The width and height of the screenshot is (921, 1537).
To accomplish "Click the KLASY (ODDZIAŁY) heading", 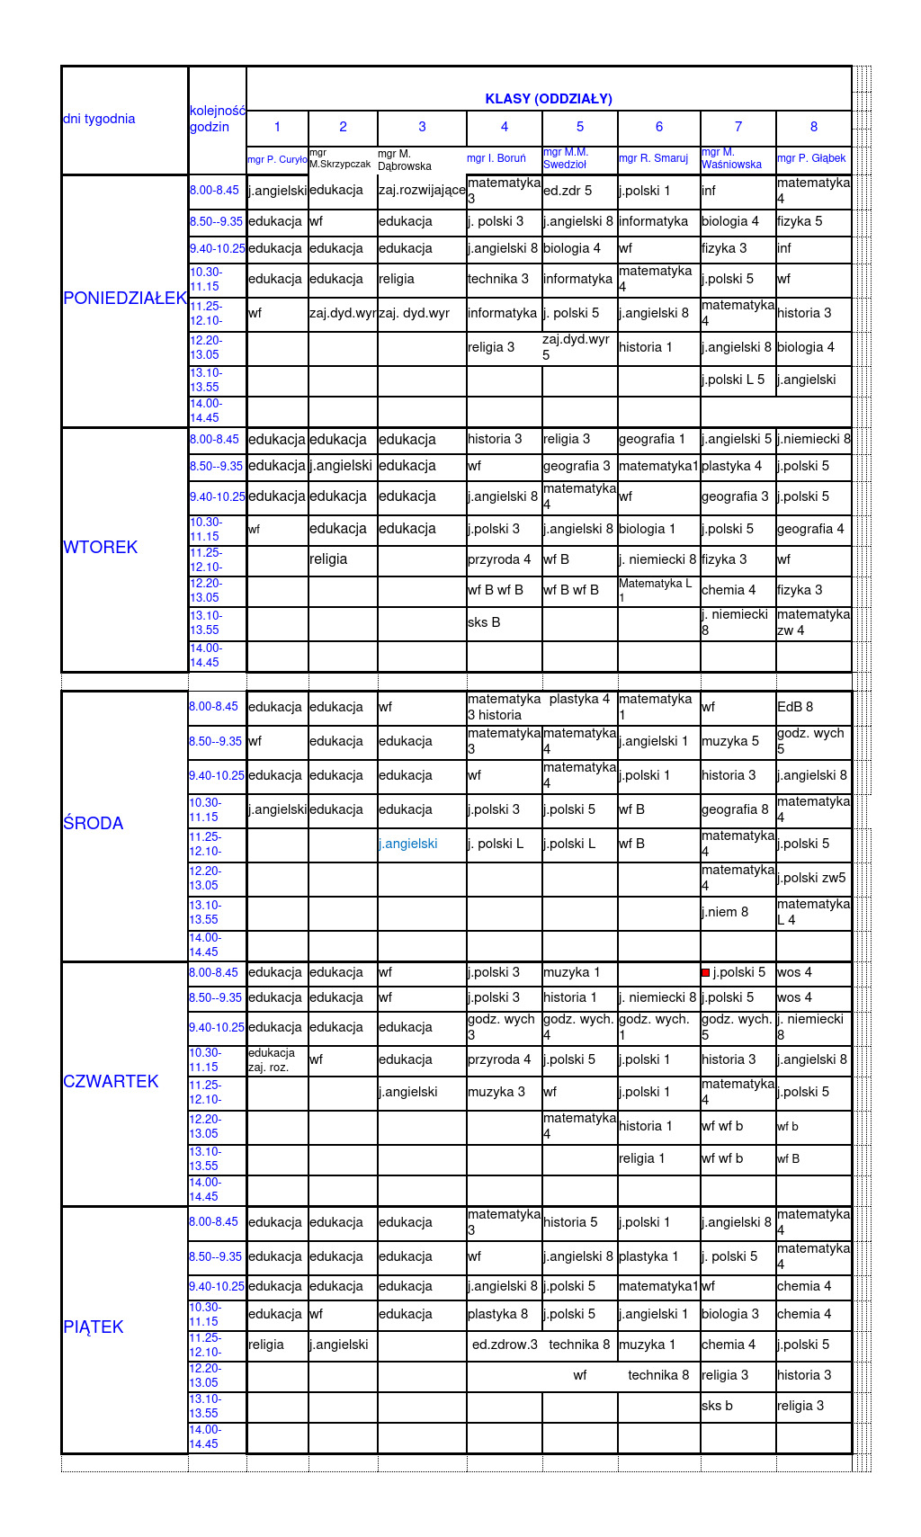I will [x=549, y=99].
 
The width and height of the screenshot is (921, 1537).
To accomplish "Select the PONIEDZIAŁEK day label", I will [x=125, y=299].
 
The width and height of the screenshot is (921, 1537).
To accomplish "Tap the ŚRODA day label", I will [x=94, y=823].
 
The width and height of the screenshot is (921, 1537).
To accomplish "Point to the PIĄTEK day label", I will [x=94, y=1327].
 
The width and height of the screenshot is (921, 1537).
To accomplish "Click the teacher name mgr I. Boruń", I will [x=496, y=158].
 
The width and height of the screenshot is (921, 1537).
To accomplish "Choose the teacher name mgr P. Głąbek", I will [x=811, y=158].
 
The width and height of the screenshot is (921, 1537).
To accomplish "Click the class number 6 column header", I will [x=658, y=127].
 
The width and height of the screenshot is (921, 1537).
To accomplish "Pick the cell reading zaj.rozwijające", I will [x=422, y=190].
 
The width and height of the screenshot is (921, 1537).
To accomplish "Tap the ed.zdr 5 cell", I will [x=568, y=191].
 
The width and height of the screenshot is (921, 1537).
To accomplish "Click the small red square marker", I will [x=706, y=972].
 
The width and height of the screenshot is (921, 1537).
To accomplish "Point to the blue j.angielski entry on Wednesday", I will [x=408, y=844].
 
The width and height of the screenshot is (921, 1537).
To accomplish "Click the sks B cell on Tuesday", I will [x=484, y=622].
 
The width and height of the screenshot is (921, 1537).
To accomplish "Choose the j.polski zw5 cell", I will [x=811, y=878].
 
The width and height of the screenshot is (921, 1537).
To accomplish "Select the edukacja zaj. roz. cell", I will [x=272, y=1059].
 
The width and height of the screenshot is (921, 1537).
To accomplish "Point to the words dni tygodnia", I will [x=99, y=119].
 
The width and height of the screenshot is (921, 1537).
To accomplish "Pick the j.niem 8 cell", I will [x=725, y=912].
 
